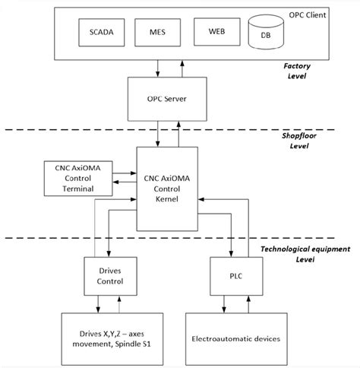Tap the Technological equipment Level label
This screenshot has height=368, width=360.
[296, 253]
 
